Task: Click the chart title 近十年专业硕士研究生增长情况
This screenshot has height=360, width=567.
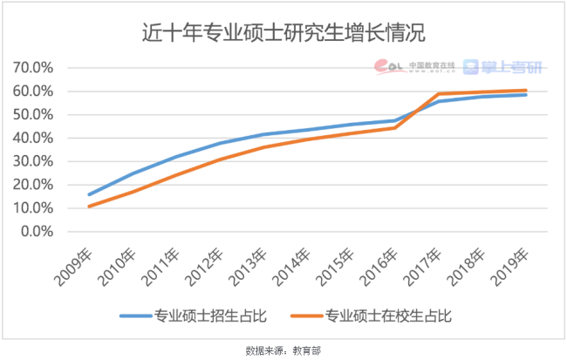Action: click(283, 32)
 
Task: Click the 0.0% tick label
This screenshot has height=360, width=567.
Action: click(38, 232)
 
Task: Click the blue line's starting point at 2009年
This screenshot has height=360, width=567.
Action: click(89, 194)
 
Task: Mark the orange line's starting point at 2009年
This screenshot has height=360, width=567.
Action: click(89, 207)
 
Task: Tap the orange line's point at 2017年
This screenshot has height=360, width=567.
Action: click(437, 94)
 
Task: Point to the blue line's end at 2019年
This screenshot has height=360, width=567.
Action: click(526, 94)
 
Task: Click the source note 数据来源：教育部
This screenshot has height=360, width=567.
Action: click(283, 350)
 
